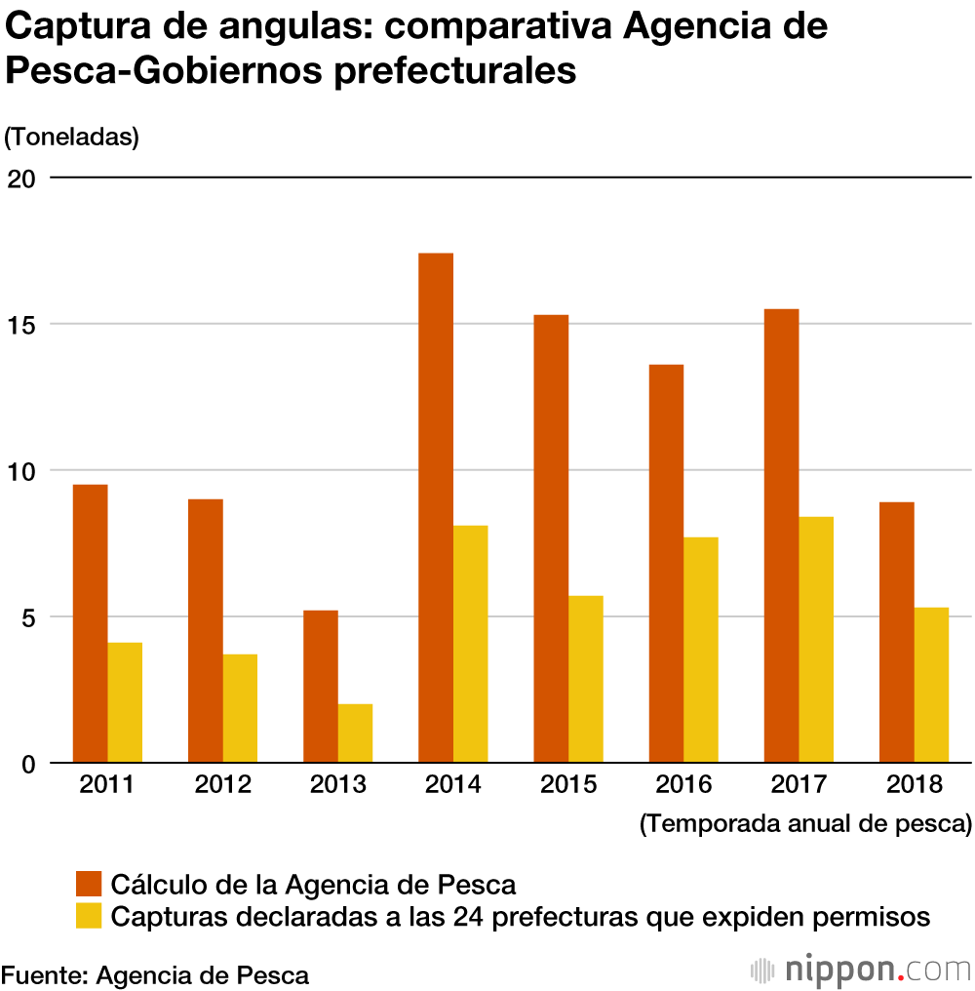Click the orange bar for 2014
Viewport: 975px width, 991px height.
pos(436,507)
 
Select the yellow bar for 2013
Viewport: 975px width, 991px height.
pos(355,733)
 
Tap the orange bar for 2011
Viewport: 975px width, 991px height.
pos(91,623)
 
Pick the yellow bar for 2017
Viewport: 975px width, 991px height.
pos(816,640)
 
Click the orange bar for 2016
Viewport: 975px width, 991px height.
pos(666,564)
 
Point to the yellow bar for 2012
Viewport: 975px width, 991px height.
pos(240,708)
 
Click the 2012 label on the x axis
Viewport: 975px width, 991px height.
pos(223,785)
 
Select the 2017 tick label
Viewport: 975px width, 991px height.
pos(799,785)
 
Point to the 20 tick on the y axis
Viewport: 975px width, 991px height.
pos(22,178)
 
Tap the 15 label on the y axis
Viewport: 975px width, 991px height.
pos(22,325)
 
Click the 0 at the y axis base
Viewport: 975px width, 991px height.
pos(29,765)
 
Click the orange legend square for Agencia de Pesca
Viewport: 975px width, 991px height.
pos(90,885)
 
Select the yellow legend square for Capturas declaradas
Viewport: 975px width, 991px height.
pos(90,916)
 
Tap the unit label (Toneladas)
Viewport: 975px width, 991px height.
pos(72,138)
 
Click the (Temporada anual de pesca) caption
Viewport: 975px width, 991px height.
pos(806,823)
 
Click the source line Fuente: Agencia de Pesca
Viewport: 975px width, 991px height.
pos(155,974)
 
